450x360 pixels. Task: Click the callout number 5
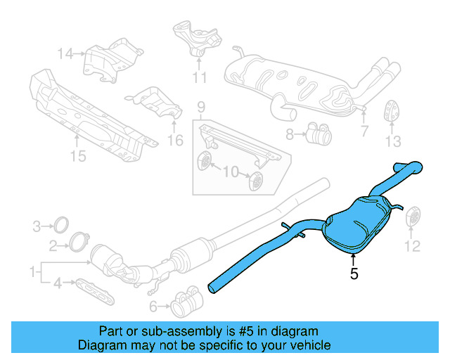coord(354,274)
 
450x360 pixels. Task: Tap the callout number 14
coord(65,53)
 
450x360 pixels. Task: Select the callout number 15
coord(78,155)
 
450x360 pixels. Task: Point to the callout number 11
coord(200,77)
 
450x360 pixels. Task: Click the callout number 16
coord(174,141)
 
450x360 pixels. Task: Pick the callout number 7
coord(364,131)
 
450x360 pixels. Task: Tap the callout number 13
coord(393,143)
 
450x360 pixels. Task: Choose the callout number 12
coord(412,245)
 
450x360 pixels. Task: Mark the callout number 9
coord(200,107)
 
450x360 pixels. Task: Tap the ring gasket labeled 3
coord(62,226)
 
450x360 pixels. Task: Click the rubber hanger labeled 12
coord(413,219)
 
